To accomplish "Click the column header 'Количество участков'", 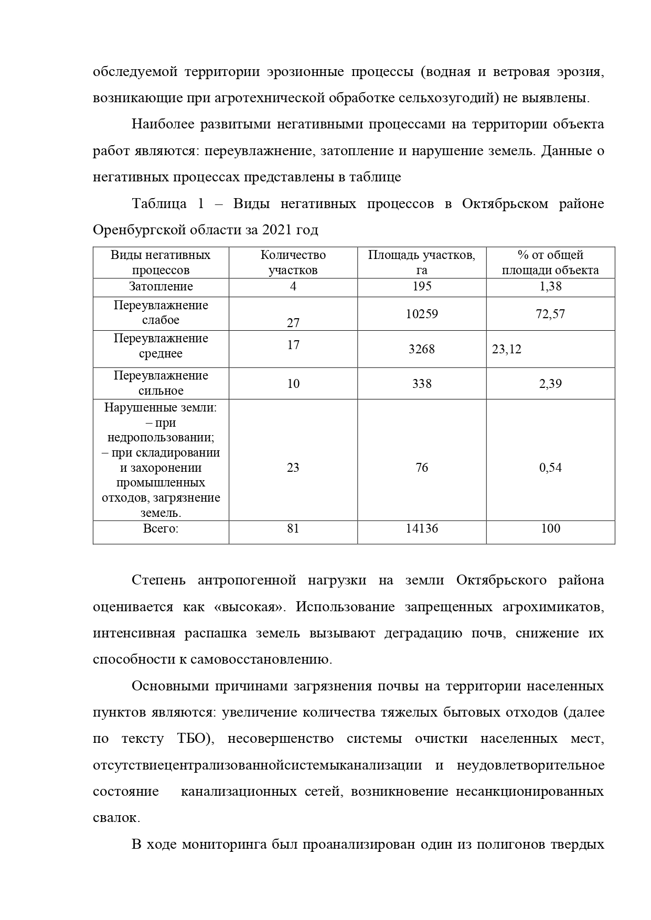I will coord(293,263).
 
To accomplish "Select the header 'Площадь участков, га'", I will coord(422,263).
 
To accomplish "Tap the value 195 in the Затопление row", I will coord(422,286).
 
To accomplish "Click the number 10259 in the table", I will coord(422,314).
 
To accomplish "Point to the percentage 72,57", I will coord(550,314).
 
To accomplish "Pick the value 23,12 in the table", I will coord(507,349).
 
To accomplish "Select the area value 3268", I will coord(422,349).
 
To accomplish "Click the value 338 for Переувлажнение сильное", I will coord(422,384).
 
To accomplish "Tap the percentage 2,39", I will coord(550,384).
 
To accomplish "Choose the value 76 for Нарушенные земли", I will coord(422,468).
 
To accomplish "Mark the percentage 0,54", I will coord(550,468).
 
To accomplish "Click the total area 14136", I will coord(422,528).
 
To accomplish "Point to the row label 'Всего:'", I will coord(161,528).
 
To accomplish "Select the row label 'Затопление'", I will coord(161,286).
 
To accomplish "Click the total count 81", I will coord(293,528).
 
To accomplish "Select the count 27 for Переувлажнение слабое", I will coord(293,323).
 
